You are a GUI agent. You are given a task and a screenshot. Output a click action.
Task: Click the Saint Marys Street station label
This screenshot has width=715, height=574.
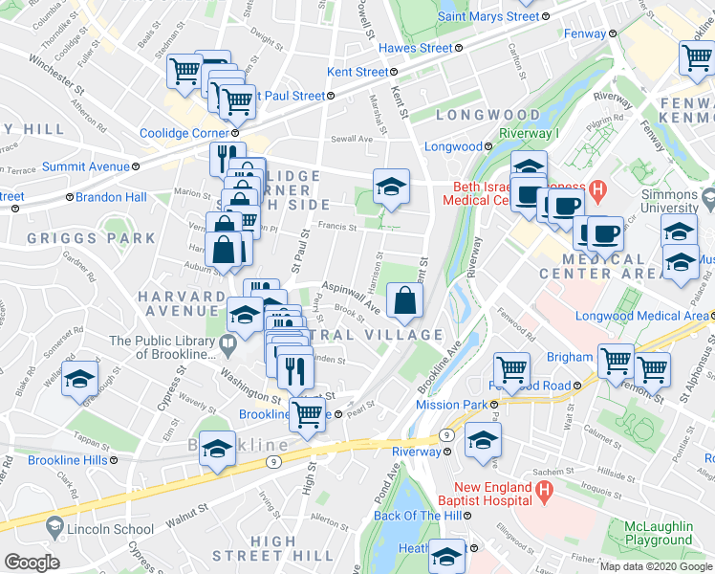click(x=488, y=16)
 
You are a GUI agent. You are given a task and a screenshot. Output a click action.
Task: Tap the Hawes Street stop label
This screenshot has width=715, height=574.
click(x=416, y=48)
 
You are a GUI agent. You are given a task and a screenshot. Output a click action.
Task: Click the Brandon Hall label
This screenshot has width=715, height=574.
click(x=112, y=197)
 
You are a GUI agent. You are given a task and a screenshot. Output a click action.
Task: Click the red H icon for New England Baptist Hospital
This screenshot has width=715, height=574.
click(x=544, y=493)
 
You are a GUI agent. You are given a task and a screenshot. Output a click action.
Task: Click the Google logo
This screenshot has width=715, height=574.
click(x=32, y=563)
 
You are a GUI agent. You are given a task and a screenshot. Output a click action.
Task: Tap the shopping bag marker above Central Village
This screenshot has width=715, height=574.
click(x=404, y=301)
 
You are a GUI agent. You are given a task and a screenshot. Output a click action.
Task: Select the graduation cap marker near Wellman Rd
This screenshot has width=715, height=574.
click(x=79, y=379)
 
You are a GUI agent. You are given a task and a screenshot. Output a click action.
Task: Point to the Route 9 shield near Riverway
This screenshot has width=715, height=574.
click(x=445, y=435)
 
